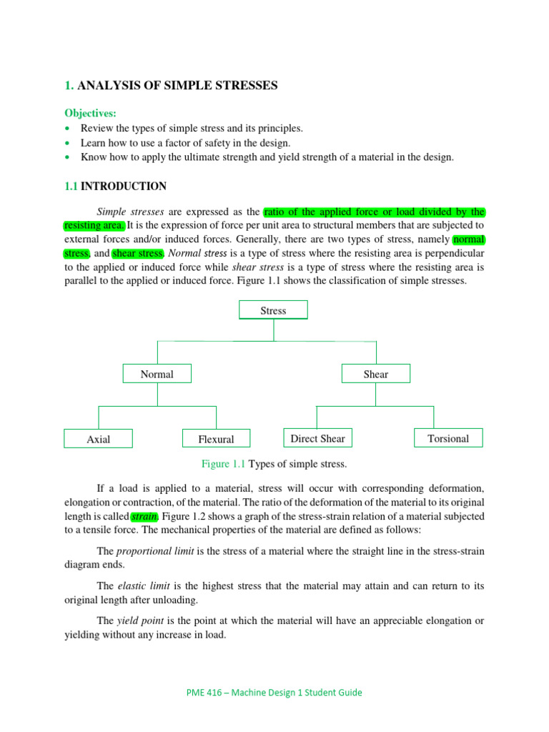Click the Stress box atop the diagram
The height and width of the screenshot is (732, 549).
point(273,310)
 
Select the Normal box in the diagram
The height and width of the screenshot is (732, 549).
point(157,374)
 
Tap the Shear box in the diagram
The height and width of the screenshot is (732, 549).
point(376,374)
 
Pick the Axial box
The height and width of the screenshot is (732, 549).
point(98,439)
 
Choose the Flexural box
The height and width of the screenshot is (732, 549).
point(215,439)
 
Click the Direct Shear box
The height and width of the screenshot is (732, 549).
point(317,438)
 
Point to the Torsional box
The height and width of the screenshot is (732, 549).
point(448,438)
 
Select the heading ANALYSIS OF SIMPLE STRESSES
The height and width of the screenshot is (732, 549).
point(177,86)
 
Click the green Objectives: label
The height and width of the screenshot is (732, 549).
point(90,113)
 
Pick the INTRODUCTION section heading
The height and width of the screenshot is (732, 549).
point(124,186)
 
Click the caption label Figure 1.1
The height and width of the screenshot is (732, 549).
point(223,464)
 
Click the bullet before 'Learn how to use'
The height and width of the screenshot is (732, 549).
point(67,143)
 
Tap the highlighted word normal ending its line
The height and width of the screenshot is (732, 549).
point(469,239)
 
